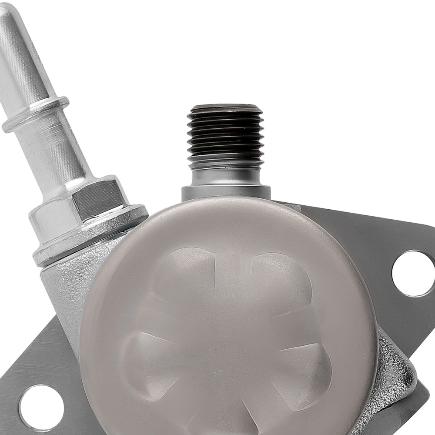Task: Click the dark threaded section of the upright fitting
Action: (x=225, y=130)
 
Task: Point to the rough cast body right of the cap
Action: (x=394, y=374)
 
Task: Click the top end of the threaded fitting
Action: (x=225, y=107)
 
